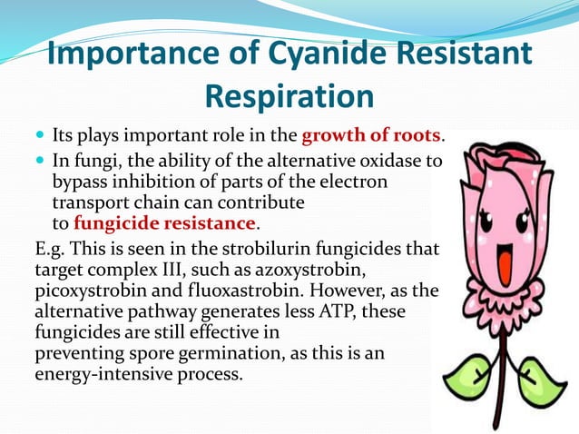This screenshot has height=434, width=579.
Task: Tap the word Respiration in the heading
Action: tap(289, 95)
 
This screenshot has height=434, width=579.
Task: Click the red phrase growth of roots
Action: tap(370, 137)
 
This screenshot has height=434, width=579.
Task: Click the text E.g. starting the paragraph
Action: tap(49, 249)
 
